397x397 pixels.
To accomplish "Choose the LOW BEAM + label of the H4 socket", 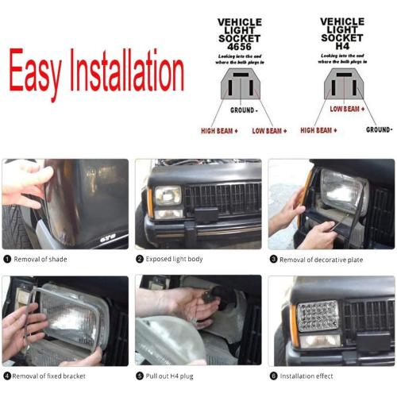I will click(x=347, y=109).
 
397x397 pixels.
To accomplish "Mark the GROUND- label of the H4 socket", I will click(x=379, y=129).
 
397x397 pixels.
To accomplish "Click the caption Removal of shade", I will click(x=40, y=259).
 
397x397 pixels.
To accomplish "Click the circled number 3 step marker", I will click(x=273, y=259).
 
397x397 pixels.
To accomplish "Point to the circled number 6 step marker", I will click(x=273, y=376).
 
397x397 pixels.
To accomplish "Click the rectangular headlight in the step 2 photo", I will click(x=168, y=195).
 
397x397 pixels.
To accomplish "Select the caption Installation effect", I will click(x=307, y=376).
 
